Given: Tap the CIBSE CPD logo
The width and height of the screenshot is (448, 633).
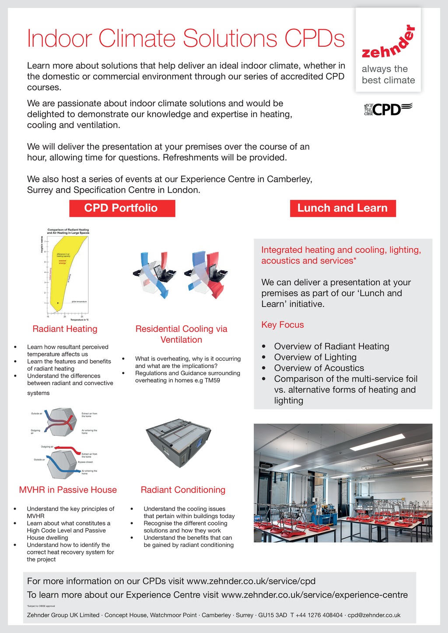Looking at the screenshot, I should [x=388, y=109].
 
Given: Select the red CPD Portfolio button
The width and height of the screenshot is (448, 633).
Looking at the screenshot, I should [x=122, y=208].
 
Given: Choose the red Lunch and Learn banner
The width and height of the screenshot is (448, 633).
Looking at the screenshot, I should [x=343, y=208].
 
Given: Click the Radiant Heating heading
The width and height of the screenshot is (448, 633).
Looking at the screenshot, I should [x=65, y=329].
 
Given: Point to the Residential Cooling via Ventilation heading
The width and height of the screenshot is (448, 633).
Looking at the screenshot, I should [x=181, y=334].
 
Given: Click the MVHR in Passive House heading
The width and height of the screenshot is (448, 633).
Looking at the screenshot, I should [x=68, y=490].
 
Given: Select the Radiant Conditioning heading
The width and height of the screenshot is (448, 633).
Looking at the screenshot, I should [x=183, y=490].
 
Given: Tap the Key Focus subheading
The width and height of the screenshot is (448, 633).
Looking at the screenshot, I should [x=282, y=325].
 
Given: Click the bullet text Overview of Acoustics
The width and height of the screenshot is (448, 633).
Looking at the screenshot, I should [x=319, y=368].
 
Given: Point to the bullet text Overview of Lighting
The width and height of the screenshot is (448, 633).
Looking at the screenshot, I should [x=315, y=357].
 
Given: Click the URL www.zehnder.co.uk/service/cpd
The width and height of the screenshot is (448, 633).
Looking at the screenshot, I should [x=251, y=581].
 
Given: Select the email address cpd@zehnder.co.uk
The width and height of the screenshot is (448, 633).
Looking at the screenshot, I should [x=374, y=615].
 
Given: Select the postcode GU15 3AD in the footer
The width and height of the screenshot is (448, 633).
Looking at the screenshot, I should [x=273, y=615].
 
